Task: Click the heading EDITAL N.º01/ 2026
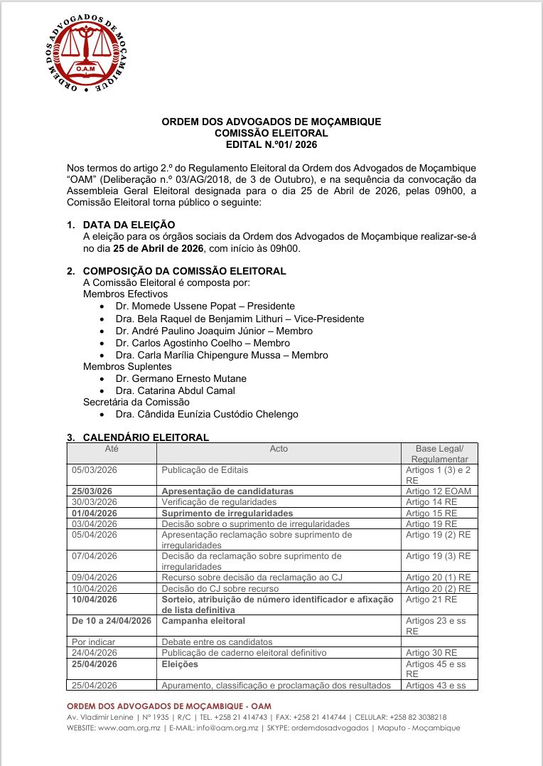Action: tap(271, 144)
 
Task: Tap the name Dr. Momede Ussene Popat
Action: tap(168, 307)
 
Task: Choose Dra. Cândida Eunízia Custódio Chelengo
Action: tap(207, 414)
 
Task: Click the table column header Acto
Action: tap(279, 449)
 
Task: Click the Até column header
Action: tap(112, 449)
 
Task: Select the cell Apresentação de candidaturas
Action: tap(227, 491)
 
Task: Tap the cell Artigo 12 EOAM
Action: tap(438, 491)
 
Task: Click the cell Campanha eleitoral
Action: tap(200, 621)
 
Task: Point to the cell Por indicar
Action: tap(94, 642)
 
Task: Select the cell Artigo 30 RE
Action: tap(431, 652)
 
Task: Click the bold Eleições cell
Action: tap(180, 664)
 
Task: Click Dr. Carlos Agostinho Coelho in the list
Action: tap(192, 343)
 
